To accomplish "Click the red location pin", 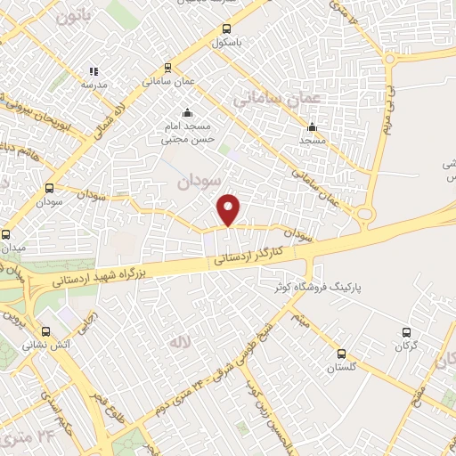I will click(x=229, y=209).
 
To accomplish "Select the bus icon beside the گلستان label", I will click(x=342, y=354).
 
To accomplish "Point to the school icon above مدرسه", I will click(x=94, y=71).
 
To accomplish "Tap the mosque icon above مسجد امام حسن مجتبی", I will click(x=187, y=113).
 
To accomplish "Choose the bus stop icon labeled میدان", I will click(x=7, y=234).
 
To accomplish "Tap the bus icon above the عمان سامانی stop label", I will click(x=167, y=68).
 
